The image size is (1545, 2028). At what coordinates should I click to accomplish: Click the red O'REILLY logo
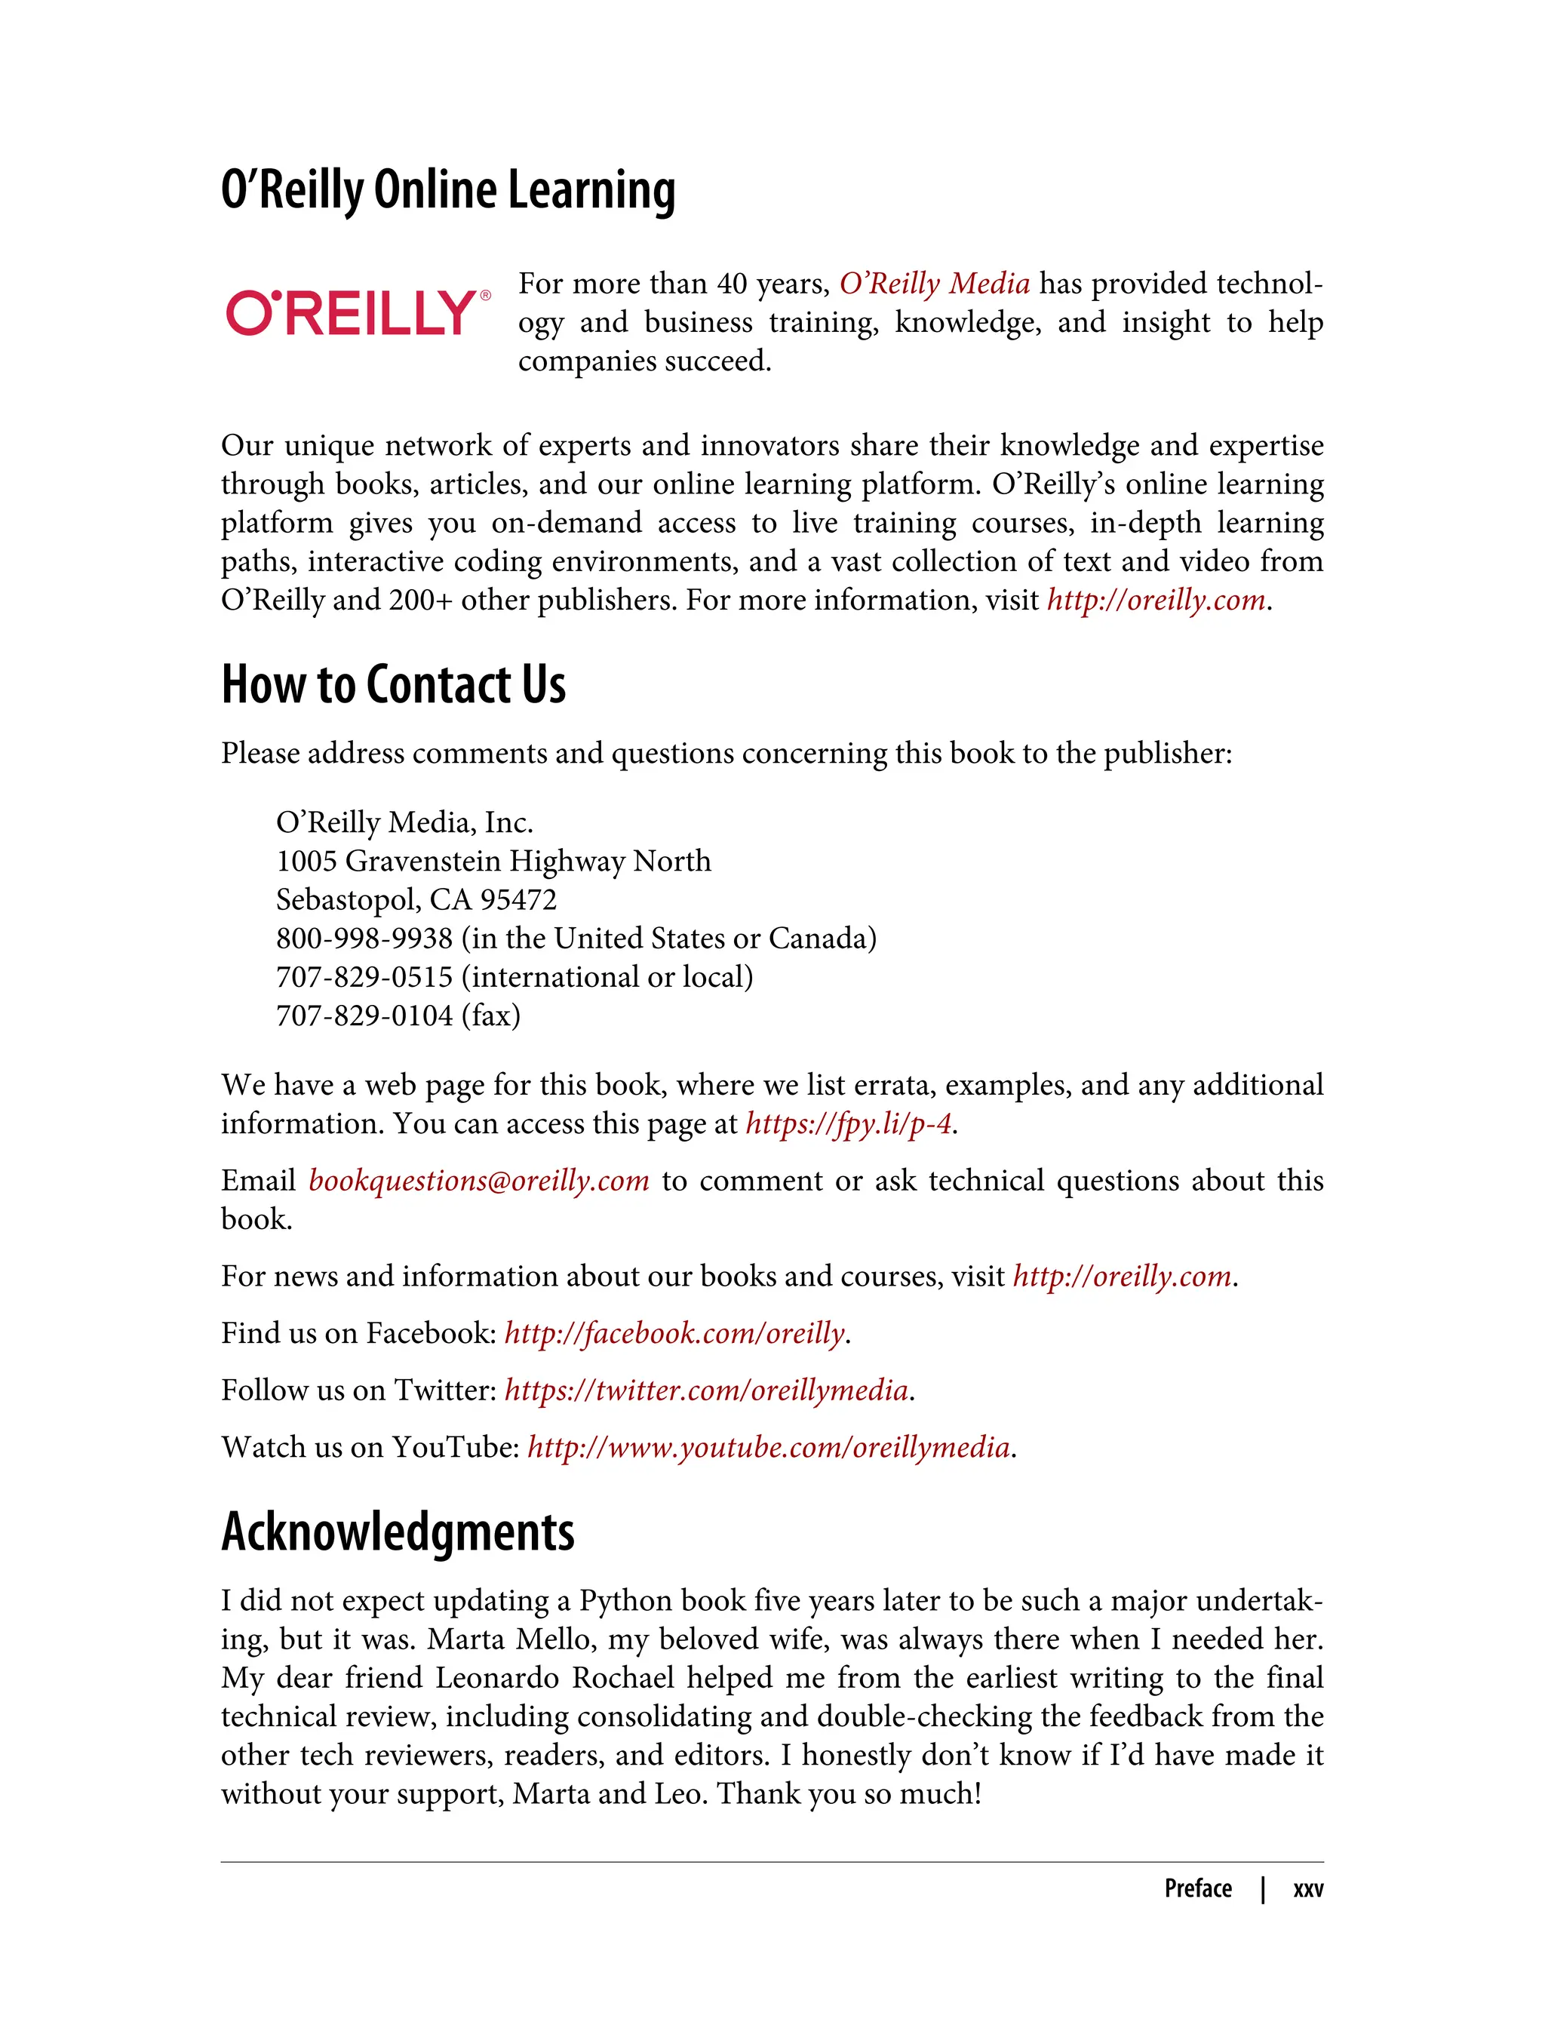(x=352, y=312)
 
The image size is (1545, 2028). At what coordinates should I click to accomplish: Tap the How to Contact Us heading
(x=393, y=684)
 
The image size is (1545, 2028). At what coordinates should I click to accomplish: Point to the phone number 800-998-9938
(x=364, y=938)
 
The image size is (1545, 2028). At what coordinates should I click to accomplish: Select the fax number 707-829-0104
(x=364, y=1016)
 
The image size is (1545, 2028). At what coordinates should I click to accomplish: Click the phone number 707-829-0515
(x=364, y=977)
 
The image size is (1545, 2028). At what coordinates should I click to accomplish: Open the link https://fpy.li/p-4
(x=848, y=1124)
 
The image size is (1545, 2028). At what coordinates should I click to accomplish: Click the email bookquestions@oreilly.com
(x=478, y=1181)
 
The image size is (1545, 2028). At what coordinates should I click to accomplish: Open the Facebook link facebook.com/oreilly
(x=674, y=1334)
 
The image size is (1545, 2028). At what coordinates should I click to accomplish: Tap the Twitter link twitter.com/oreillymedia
(x=706, y=1390)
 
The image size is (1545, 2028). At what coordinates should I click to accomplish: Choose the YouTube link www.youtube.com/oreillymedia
(x=769, y=1448)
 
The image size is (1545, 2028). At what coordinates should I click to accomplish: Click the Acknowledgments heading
(x=398, y=1532)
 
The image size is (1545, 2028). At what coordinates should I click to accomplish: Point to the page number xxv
(x=1307, y=1889)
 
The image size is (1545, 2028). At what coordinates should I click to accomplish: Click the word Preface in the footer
(x=1197, y=1889)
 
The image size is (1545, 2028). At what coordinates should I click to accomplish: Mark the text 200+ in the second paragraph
(x=420, y=601)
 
